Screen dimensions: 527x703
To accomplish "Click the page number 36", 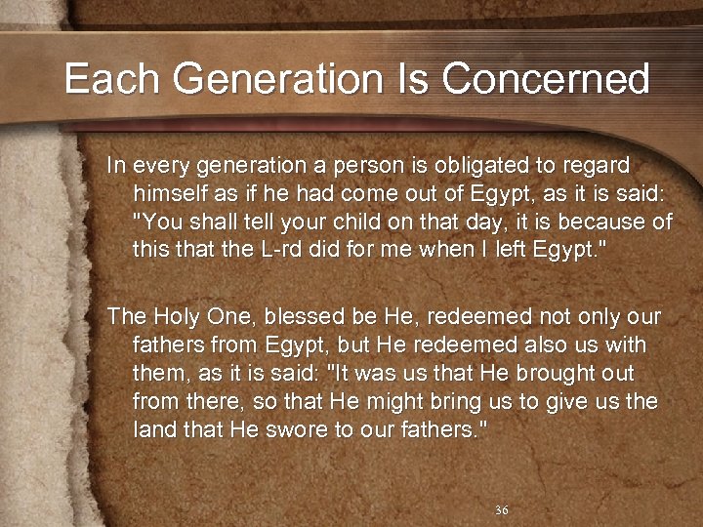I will pyautogui.click(x=502, y=510).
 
